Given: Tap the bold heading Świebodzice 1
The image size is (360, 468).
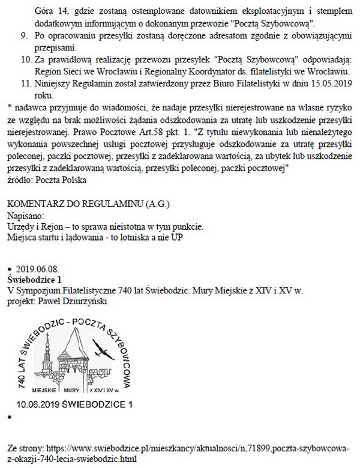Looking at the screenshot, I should click(x=34, y=280).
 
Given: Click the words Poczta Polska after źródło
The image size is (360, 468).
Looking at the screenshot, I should click(x=62, y=179).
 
